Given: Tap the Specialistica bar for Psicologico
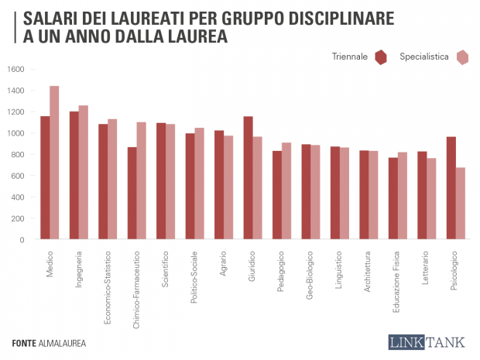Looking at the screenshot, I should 461,204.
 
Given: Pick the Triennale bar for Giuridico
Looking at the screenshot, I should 249,178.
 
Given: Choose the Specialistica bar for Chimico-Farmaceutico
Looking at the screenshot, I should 141,180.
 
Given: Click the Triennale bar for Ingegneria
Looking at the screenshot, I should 74,176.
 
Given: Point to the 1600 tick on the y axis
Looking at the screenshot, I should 16,69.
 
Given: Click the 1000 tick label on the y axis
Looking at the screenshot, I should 16,133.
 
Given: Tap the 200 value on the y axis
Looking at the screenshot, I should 19,218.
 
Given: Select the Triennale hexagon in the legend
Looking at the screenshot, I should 380,57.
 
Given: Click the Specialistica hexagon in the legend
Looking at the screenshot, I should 463,57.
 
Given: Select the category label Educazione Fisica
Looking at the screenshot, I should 396,281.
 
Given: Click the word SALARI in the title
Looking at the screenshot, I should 49,18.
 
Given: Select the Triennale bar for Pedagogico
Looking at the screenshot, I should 277,195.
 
